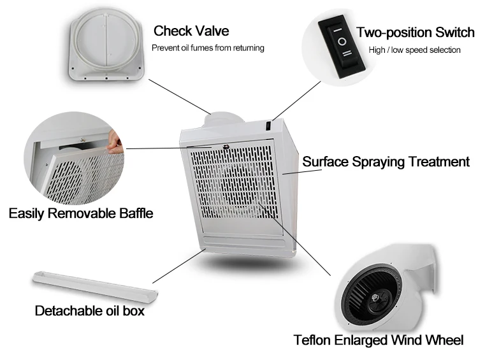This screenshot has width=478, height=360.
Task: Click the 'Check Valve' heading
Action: coord(191,31)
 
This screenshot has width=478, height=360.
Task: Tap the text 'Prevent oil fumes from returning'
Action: coord(207,48)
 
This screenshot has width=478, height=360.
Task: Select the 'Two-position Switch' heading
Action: coord(415,32)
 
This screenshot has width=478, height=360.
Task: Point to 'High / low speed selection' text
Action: coord(414,50)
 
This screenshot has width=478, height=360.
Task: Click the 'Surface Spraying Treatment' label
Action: coord(386,162)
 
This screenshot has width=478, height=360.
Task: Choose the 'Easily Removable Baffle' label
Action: coord(81,213)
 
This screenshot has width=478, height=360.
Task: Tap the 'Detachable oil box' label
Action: coord(89,311)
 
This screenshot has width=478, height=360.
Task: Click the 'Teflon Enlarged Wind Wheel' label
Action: coord(378,340)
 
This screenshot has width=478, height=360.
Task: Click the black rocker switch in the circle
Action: coord(342,41)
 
